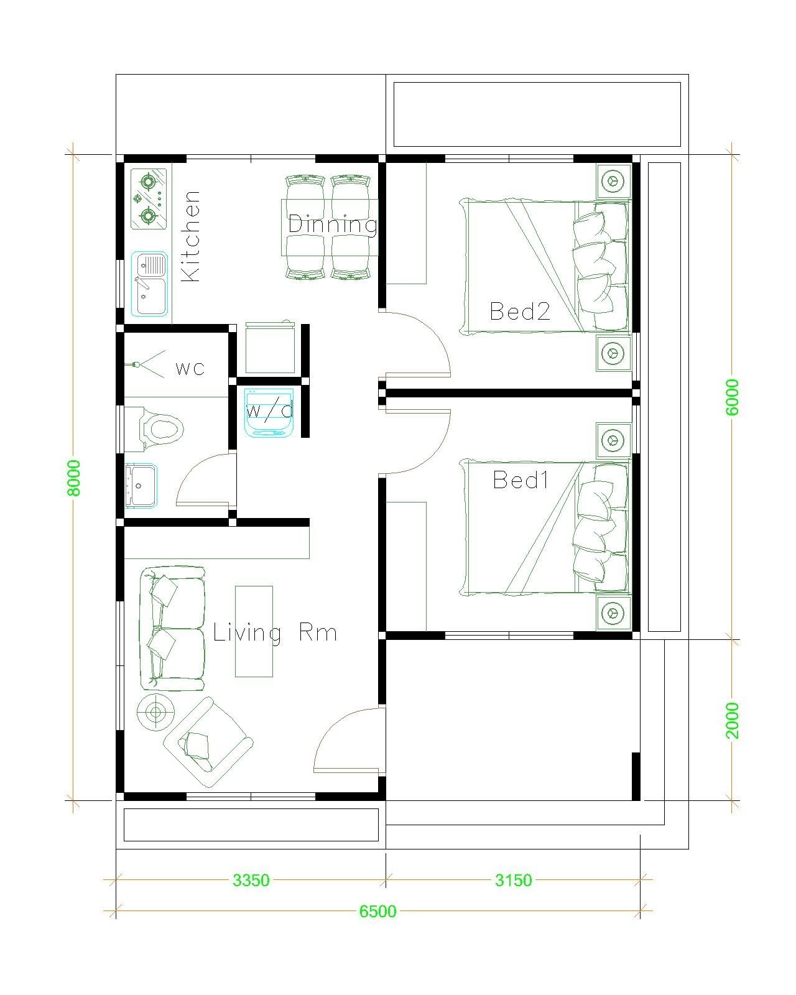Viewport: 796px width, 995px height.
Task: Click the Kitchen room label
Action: (x=191, y=236)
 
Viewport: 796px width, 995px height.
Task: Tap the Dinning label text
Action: (x=333, y=224)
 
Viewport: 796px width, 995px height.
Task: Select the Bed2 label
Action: (x=520, y=311)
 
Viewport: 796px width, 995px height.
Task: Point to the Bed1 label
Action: (x=521, y=479)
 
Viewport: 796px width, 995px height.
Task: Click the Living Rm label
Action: (x=275, y=633)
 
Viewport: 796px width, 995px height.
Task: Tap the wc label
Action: (x=190, y=368)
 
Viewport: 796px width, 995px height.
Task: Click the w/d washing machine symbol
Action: (x=269, y=412)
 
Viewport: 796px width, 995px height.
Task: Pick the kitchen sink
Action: (x=150, y=284)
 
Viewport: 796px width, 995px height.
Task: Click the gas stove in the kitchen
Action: (x=149, y=198)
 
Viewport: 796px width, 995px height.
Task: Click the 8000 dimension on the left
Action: (x=74, y=478)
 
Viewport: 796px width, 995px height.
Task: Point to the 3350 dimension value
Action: (x=251, y=880)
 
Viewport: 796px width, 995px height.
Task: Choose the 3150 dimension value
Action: (x=513, y=880)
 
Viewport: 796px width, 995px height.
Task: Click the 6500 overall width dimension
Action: (x=377, y=911)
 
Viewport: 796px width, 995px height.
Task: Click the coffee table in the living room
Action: (x=254, y=631)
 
